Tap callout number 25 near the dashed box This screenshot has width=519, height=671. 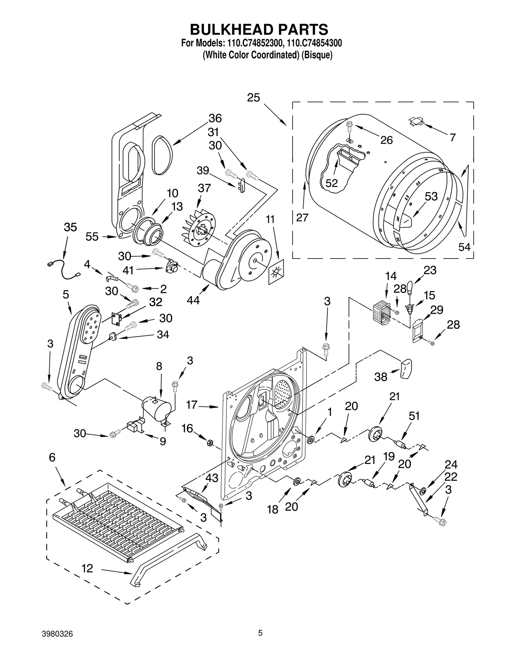pyautogui.click(x=253, y=98)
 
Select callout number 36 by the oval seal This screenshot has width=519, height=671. pyautogui.click(x=215, y=118)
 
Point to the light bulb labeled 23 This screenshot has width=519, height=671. pyautogui.click(x=410, y=287)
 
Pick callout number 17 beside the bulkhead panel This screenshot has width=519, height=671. pyautogui.click(x=192, y=405)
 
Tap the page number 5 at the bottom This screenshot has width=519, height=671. pyautogui.click(x=260, y=641)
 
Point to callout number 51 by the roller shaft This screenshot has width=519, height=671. pyautogui.click(x=414, y=416)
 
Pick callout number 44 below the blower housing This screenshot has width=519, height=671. pyautogui.click(x=193, y=300)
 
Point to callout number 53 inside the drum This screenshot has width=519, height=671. pyautogui.click(x=431, y=196)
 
